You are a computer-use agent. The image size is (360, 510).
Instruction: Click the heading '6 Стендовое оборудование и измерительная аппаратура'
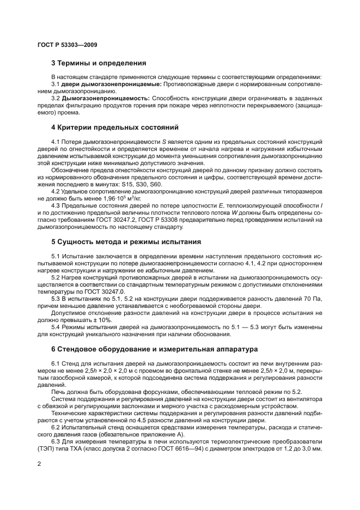[154, 349]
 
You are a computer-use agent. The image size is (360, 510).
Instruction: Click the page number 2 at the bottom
[39, 464]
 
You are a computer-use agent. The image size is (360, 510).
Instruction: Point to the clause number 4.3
[57, 206]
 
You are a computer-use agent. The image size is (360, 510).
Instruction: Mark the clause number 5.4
[57, 327]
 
